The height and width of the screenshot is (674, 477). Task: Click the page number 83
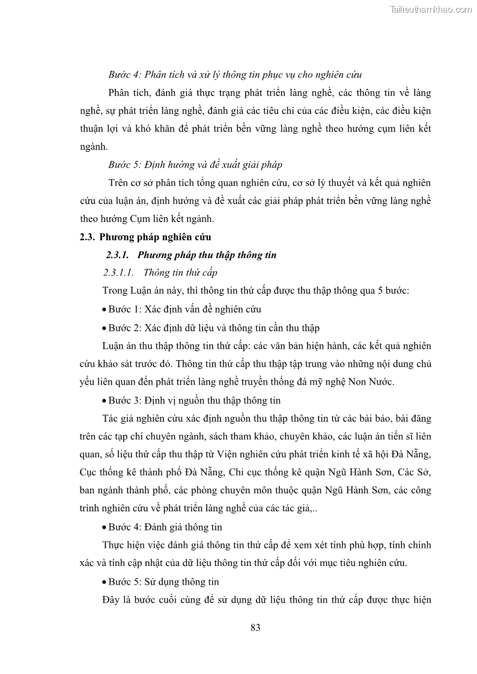coord(255,628)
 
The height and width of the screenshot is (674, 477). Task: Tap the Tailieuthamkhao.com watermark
coord(431,9)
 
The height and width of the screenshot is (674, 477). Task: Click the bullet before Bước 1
coord(105,310)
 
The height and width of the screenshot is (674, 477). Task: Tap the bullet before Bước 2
coord(105,328)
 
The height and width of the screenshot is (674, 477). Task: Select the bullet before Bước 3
coord(105,400)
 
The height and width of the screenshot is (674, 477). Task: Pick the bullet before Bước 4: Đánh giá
coord(105,527)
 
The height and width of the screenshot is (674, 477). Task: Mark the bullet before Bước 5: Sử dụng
coord(105,582)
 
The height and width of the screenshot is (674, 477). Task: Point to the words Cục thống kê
coord(105,472)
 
